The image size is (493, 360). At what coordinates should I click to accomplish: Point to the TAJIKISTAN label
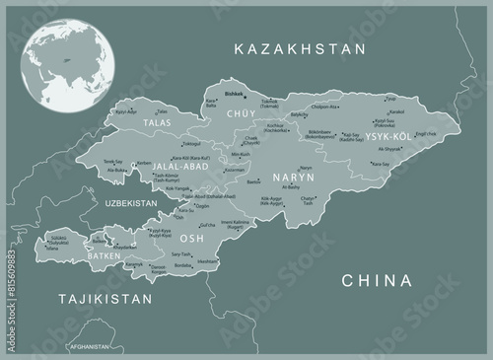pyautogui.click(x=106, y=297)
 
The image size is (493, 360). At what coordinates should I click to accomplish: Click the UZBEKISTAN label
pyautogui.click(x=131, y=203)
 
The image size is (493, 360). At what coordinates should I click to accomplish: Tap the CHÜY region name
pyautogui.click(x=241, y=115)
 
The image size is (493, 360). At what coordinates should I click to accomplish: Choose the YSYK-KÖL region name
pyautogui.click(x=389, y=135)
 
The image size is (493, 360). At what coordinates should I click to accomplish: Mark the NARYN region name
pyautogui.click(x=294, y=179)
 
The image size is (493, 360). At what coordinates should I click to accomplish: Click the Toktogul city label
pyautogui.click(x=191, y=144)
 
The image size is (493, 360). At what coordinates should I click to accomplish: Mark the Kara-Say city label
pyautogui.click(x=380, y=164)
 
